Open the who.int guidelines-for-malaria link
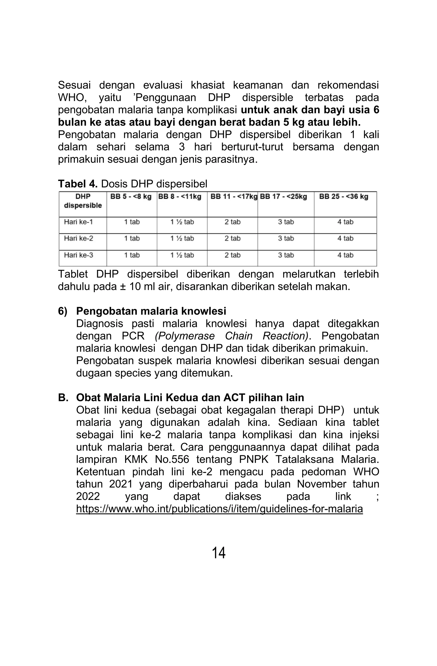[219, 509]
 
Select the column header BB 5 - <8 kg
[131, 197]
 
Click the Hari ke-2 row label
[79, 238]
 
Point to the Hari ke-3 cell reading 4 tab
[345, 255]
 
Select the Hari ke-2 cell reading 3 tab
[286, 238]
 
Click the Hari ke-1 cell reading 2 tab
[232, 222]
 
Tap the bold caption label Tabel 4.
[78, 184]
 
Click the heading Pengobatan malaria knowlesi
[151, 311]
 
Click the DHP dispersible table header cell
[83, 201]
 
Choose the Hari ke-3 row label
[79, 255]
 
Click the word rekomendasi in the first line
[348, 85]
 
